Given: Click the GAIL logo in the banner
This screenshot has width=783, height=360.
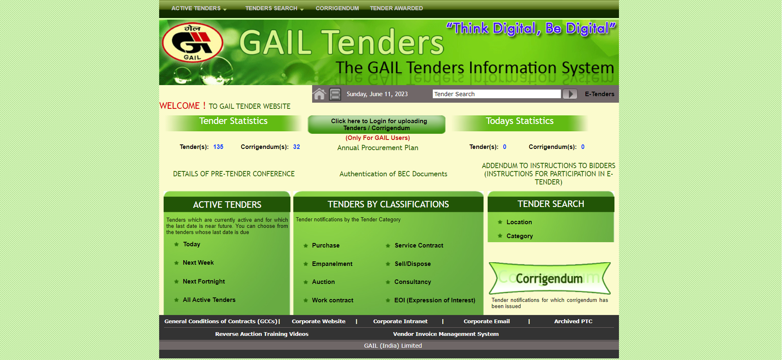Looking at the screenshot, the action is (x=192, y=43).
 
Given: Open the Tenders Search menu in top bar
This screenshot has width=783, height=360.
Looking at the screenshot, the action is (x=274, y=8).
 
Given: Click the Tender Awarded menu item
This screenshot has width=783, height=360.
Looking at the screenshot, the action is (x=396, y=8).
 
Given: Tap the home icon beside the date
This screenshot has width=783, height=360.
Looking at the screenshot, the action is (x=319, y=94).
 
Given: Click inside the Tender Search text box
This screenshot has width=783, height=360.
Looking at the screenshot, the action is (x=497, y=94).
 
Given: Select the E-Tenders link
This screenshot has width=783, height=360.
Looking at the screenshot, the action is (x=599, y=94).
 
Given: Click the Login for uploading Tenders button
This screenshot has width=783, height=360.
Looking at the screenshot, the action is (x=376, y=124).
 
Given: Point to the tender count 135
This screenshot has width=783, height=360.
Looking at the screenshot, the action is (x=218, y=147).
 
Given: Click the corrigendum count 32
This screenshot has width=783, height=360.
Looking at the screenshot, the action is (x=297, y=147).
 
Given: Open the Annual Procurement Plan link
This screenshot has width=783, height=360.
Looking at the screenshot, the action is (x=378, y=148).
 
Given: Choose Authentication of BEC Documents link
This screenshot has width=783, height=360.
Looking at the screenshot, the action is (x=393, y=174).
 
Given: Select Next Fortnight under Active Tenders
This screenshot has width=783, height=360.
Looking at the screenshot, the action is (x=204, y=281).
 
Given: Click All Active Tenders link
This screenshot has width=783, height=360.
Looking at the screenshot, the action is (x=209, y=300).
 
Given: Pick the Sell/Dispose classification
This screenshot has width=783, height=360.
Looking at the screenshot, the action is (x=412, y=264).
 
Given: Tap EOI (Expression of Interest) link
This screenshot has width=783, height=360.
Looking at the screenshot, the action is (x=434, y=300).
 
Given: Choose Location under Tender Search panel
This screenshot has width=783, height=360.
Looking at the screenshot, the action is (x=519, y=222).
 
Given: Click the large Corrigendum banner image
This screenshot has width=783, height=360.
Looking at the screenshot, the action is (x=549, y=278).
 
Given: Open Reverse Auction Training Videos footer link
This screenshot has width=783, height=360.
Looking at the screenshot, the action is (x=262, y=334).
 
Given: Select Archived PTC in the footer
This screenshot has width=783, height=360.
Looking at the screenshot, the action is (x=573, y=322).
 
